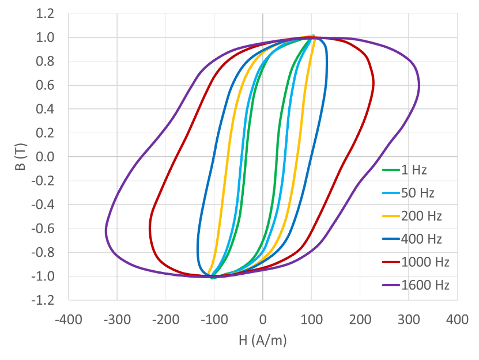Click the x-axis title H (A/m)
click(262, 340)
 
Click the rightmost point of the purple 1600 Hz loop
click(419, 86)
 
